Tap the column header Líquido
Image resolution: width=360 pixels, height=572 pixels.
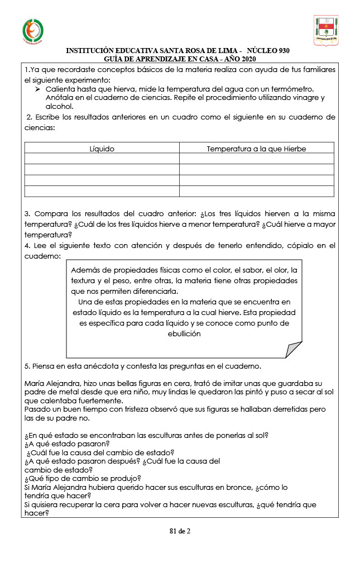[x=102, y=149]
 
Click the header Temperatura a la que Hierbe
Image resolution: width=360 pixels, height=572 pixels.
[x=256, y=149]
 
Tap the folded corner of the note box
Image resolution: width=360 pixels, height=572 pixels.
[x=294, y=350]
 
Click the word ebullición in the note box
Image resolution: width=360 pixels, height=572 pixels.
[x=184, y=334]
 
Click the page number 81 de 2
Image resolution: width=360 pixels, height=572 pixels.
[x=180, y=531]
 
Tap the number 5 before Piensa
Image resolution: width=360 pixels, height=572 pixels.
[x=27, y=366]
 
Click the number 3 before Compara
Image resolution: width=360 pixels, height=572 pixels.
[x=27, y=214]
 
